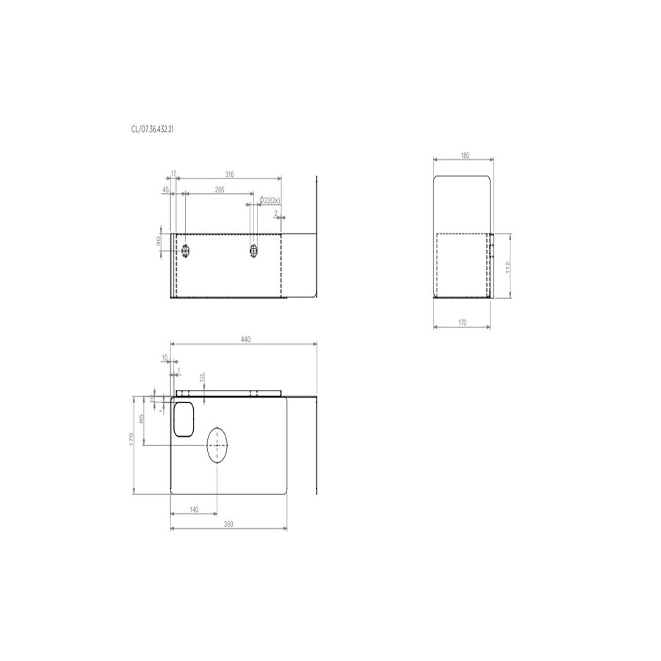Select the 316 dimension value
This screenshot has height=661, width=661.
[x=229, y=175]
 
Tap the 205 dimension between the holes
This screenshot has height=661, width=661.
[x=220, y=189]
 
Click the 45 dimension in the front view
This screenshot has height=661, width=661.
[x=166, y=189]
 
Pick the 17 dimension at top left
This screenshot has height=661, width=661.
[x=173, y=175]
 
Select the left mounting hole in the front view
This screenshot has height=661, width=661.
[x=186, y=250]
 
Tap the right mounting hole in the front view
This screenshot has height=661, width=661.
[x=254, y=250]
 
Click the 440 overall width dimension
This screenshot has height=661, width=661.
[x=245, y=339]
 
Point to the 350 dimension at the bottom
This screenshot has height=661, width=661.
[x=228, y=524]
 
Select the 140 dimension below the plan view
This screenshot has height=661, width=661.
[x=194, y=509]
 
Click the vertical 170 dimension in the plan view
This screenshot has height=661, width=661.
[x=131, y=440]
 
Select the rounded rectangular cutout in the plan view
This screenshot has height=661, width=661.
[x=184, y=419]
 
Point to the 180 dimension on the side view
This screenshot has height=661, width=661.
[x=464, y=156]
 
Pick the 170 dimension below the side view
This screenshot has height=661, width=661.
[x=463, y=322]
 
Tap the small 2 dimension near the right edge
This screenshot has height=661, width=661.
[x=276, y=214]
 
